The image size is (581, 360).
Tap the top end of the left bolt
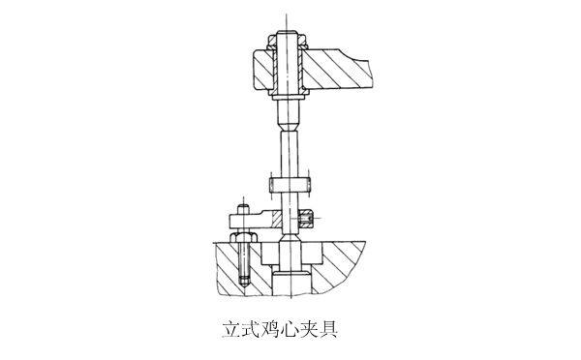pos(242,205)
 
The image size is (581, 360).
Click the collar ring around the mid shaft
pos(288,184)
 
